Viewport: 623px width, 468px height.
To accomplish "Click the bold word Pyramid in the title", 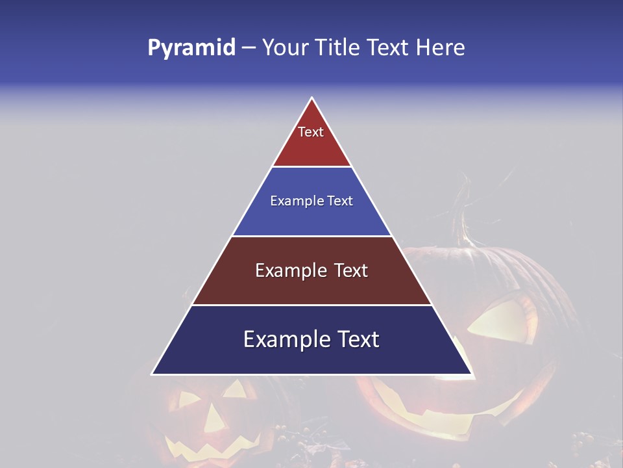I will point(191,47).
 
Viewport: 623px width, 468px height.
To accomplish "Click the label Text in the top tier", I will point(311,132).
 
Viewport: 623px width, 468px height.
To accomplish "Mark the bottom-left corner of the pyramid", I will point(153,374).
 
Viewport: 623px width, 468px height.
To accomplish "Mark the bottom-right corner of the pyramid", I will point(470,374).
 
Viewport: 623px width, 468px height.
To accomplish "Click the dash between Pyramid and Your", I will point(249,48).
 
